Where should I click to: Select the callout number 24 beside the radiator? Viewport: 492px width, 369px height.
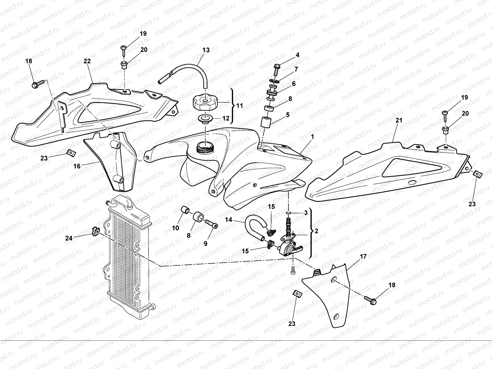(69, 238)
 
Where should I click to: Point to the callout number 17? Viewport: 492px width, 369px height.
(363, 256)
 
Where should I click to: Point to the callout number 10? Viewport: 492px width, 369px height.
(176, 228)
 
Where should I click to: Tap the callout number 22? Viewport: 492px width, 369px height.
(87, 61)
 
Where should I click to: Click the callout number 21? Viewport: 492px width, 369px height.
(399, 121)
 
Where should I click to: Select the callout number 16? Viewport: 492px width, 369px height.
(77, 166)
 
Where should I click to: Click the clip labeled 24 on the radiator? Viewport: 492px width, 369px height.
(95, 231)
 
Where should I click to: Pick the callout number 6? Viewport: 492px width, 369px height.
(294, 84)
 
